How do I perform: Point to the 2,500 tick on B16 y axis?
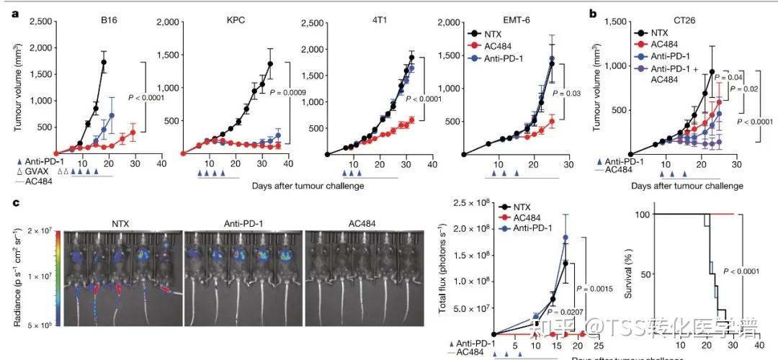41,24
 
